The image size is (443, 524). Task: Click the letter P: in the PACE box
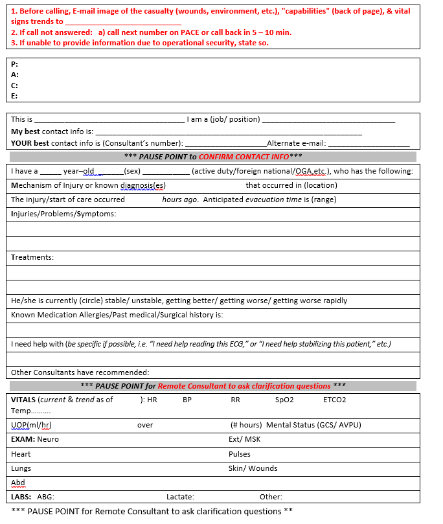pos(14,64)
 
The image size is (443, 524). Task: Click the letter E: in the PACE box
pos(14,96)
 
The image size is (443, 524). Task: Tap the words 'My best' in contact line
pos(25,131)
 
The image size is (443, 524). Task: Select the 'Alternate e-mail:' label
pos(296,143)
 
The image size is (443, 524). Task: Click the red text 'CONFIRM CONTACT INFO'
pos(244,157)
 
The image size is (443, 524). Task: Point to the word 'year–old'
pos(78,171)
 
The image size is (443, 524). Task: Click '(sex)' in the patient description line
pos(132,171)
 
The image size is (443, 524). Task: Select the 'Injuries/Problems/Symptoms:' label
pos(63,214)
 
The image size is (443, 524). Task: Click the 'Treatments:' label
pos(32,257)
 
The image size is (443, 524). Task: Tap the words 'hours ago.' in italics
pos(180,199)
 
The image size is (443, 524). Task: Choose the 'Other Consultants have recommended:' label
pos(80,372)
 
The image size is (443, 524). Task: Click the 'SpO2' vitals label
pos(284,400)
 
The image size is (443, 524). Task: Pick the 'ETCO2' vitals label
pos(334,400)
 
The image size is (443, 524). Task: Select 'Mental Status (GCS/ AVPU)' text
pos(313,425)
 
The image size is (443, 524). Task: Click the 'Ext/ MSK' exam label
pos(244,439)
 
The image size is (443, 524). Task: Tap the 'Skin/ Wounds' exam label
pos(253,468)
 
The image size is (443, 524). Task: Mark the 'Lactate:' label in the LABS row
pos(180,497)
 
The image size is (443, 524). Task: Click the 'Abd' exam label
pos(17,483)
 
